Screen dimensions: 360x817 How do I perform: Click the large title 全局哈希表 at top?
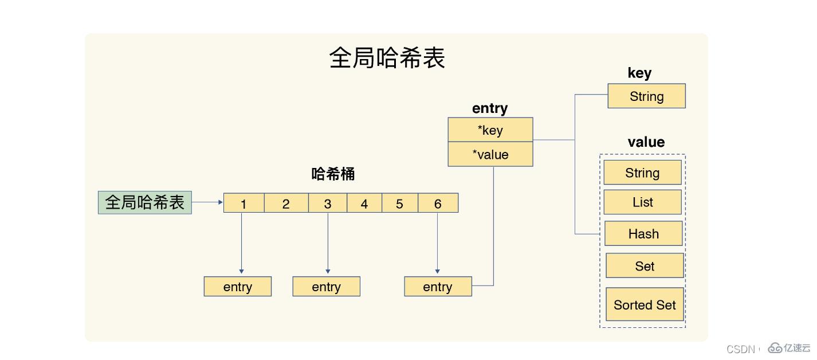coord(387,58)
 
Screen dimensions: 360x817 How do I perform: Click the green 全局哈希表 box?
coord(145,202)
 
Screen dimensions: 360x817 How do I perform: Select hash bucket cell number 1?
coord(243,204)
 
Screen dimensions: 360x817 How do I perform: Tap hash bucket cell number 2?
coord(286,204)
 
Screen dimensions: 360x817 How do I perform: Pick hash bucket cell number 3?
coord(327,204)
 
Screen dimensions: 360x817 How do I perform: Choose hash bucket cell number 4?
coord(364,204)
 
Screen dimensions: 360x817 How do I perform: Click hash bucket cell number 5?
coord(399,204)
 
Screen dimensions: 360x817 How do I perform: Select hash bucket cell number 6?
coord(438,204)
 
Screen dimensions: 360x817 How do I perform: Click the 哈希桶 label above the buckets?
coord(333,174)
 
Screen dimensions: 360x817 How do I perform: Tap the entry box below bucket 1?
coord(237,287)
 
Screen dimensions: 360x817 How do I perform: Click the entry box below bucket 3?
coord(326,287)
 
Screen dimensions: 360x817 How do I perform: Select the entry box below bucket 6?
coord(438,287)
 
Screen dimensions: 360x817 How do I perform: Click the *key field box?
coord(490,130)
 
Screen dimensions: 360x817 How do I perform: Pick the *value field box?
coord(490,154)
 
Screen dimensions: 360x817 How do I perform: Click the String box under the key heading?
coord(646,96)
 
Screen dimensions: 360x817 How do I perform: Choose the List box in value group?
coord(642,202)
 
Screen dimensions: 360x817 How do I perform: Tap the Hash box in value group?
coord(643,233)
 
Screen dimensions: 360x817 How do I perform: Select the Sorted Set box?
coord(645,304)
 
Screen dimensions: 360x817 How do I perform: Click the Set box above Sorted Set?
coord(645,266)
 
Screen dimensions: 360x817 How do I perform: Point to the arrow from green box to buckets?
coord(207,202)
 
